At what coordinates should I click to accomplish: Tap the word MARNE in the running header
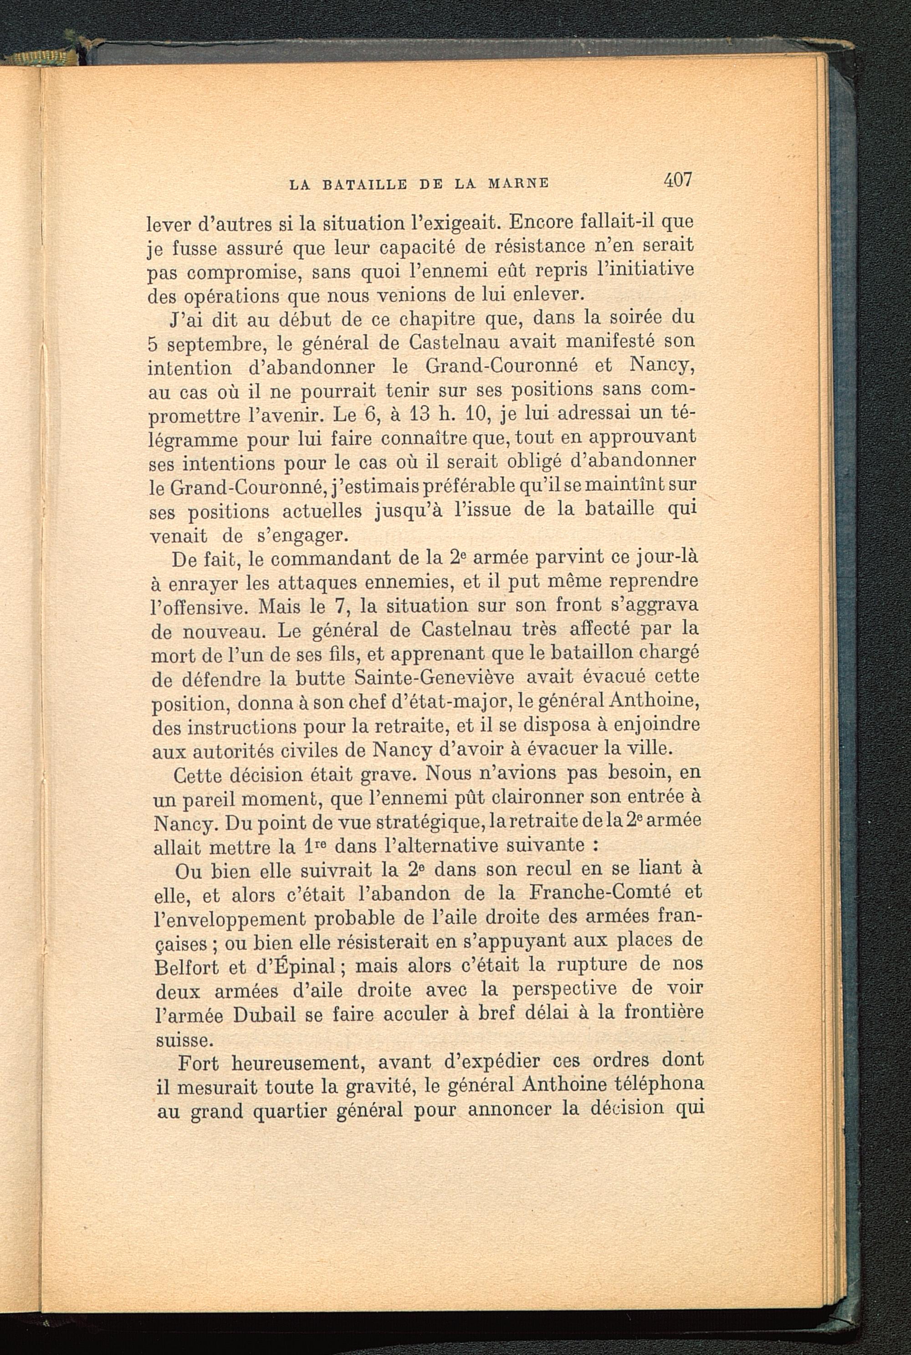point(519,184)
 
